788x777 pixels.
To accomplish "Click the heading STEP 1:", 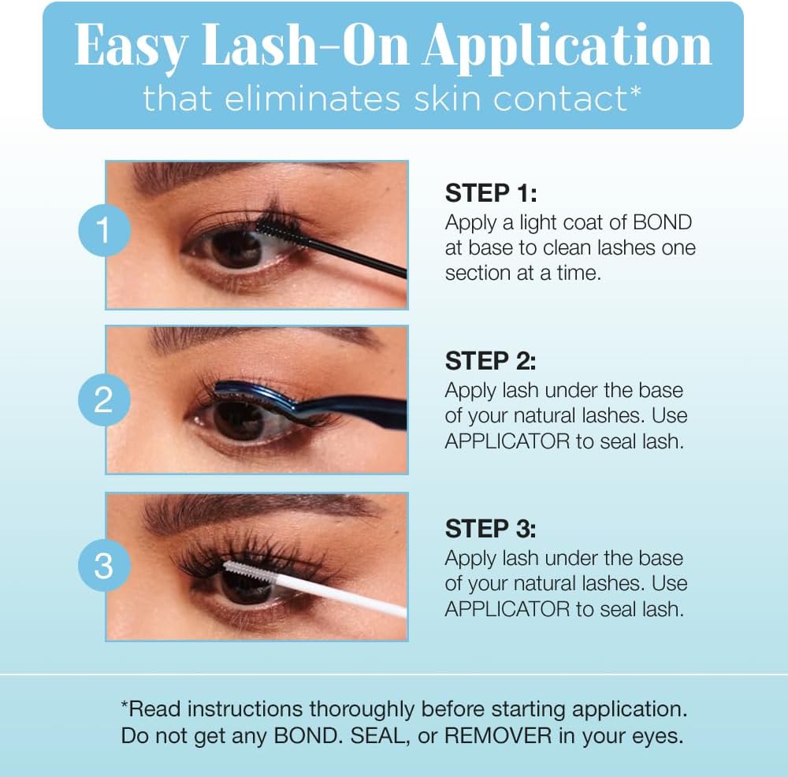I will (490, 193).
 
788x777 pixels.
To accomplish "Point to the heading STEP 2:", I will (490, 361).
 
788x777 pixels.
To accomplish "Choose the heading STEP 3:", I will (490, 528).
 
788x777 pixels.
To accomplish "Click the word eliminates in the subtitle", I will (305, 99).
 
